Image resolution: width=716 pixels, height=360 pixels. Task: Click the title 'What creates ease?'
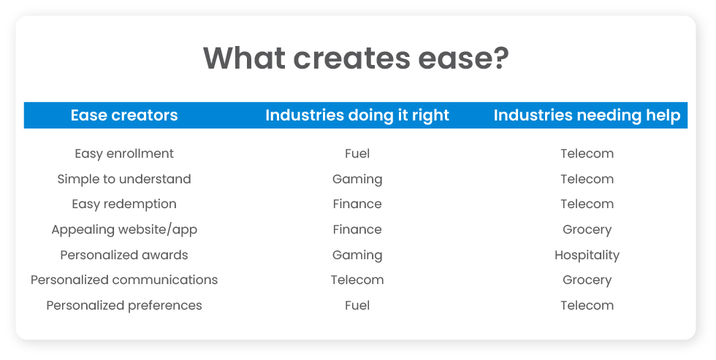point(356,58)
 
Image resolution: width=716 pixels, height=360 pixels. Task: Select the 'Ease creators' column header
point(124,115)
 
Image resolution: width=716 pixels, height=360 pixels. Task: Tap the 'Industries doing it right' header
point(357,115)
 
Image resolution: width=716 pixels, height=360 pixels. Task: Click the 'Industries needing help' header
point(587,115)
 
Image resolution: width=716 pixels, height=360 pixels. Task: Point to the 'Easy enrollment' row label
point(124,153)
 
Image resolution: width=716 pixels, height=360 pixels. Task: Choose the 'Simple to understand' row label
point(124,179)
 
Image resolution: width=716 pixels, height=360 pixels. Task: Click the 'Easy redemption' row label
point(124,204)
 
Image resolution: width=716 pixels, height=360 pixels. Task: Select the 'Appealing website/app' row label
point(124,229)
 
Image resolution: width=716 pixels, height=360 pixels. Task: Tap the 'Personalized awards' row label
point(124,255)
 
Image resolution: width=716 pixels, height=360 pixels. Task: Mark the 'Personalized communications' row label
point(124,280)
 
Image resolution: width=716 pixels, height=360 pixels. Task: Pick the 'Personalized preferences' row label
point(124,305)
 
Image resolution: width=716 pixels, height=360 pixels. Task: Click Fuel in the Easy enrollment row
point(357,153)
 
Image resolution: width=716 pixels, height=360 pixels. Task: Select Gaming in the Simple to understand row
point(357,179)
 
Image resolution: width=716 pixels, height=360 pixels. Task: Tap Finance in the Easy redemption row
point(357,204)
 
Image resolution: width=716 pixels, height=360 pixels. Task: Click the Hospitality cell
point(587,255)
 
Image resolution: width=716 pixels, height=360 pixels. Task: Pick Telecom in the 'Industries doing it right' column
point(357,280)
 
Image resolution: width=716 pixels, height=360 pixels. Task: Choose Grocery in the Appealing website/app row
point(587,229)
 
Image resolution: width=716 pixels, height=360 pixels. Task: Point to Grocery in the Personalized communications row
point(587,280)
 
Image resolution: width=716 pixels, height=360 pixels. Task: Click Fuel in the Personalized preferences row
point(357,305)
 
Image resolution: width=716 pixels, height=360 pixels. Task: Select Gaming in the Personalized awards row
point(357,255)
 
